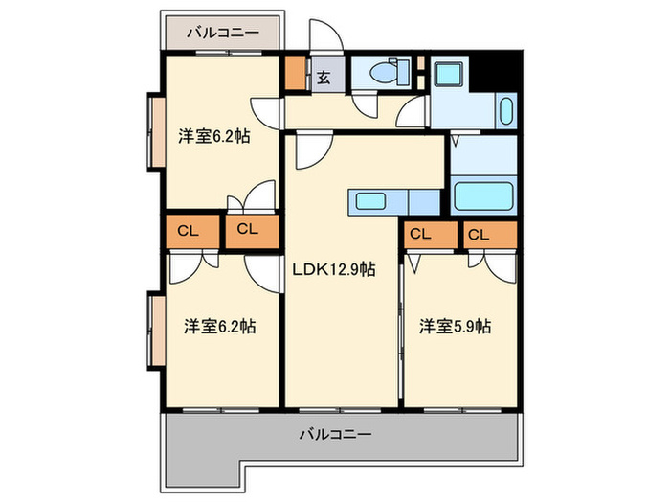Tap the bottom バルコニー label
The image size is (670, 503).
(335, 434)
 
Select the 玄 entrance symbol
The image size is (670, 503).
(324, 78)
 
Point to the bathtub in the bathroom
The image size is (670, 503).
(483, 196)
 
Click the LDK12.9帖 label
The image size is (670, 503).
(332, 269)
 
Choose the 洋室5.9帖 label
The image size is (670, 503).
(455, 327)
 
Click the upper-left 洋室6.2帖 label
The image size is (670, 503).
(214, 136)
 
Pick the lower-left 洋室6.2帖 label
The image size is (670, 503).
(219, 327)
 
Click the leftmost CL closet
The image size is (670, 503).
(189, 230)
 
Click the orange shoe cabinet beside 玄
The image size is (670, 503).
(295, 75)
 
